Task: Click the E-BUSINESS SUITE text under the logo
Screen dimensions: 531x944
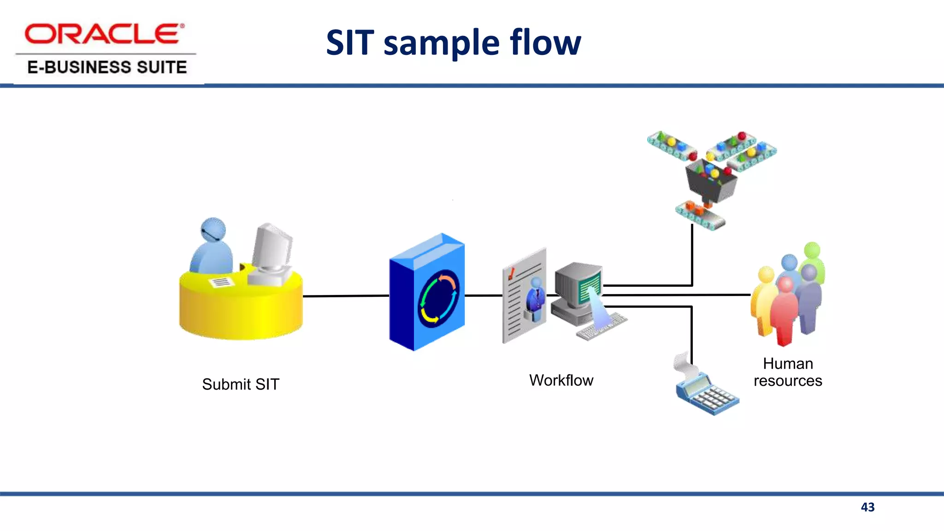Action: click(107, 67)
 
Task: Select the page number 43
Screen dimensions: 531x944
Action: click(867, 507)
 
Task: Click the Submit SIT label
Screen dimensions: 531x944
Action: click(241, 384)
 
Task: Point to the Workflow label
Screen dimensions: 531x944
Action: click(561, 380)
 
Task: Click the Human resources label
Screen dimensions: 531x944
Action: click(788, 372)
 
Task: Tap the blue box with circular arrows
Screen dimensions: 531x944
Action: click(427, 293)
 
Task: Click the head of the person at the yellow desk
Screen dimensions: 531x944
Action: click(213, 229)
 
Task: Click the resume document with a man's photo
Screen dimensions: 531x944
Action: click(525, 297)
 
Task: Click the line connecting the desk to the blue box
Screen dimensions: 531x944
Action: click(346, 296)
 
